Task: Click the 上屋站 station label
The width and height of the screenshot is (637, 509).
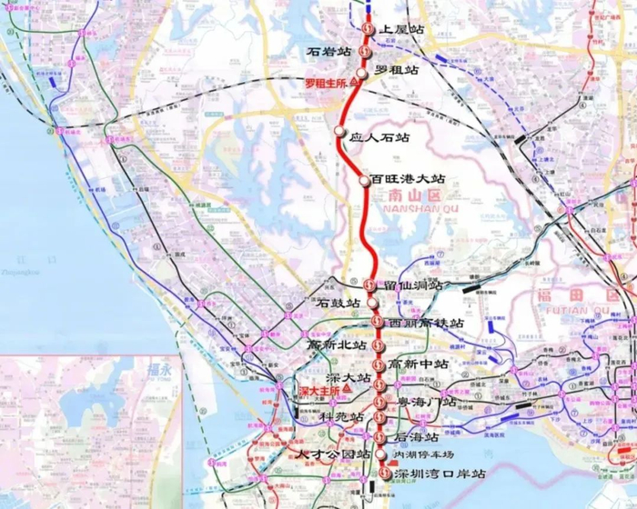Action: [x=404, y=30]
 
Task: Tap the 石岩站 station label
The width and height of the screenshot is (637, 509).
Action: [x=329, y=53]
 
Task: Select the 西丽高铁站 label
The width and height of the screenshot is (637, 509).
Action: [x=426, y=323]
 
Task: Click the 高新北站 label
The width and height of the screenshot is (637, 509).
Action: [x=336, y=345]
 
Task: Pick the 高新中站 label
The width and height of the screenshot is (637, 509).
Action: [x=418, y=364]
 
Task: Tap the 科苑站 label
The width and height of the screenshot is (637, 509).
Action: [x=341, y=416]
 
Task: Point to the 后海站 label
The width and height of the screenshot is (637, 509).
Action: [x=419, y=436]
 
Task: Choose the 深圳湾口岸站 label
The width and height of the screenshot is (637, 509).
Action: [x=440, y=474]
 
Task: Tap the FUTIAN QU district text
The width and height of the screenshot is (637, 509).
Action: [x=606, y=309]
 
